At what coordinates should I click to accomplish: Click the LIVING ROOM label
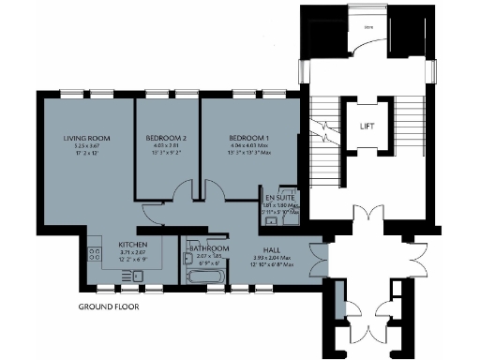[82, 139]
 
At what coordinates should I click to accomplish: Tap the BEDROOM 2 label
[166, 139]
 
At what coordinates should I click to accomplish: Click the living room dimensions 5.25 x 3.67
[82, 147]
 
